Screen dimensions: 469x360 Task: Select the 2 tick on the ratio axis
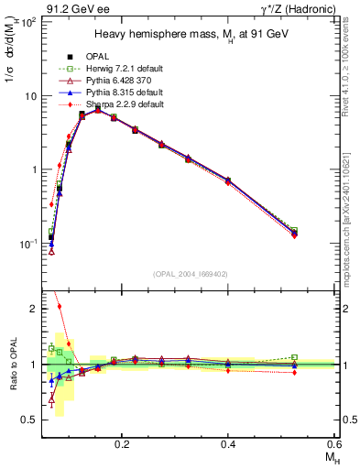pyautogui.click(x=34, y=309)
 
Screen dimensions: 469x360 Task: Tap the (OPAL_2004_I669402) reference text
pyautogui.click(x=190, y=272)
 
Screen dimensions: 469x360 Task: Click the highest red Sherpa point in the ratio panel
pyautogui.click(x=60, y=307)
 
